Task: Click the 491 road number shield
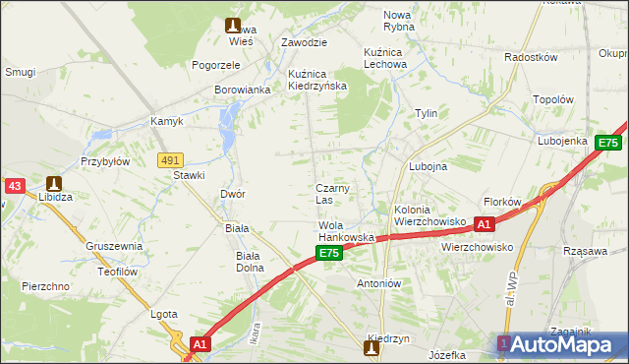click(170, 159)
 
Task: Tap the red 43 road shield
click(14, 185)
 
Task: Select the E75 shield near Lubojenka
click(607, 143)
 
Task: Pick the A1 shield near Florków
click(484, 225)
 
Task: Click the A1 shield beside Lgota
click(200, 344)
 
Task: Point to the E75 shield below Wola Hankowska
click(329, 254)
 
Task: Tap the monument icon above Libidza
click(53, 183)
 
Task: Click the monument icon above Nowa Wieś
click(232, 26)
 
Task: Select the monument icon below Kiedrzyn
click(372, 348)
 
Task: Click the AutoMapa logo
click(559, 343)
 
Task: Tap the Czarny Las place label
click(332, 194)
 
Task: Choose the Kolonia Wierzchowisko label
click(429, 215)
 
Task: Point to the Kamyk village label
click(167, 121)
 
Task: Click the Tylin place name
click(426, 113)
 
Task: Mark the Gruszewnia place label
click(114, 246)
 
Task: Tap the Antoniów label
click(378, 283)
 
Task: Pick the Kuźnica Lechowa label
click(384, 57)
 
